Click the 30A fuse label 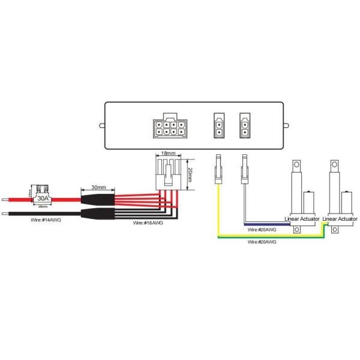click(43, 196)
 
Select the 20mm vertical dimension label click(190, 175)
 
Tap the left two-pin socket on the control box click(218, 126)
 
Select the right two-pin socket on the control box click(245, 126)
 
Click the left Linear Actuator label click(302, 220)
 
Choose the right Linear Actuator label click(340, 220)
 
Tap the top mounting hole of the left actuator click(297, 164)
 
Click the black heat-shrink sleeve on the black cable click(98, 213)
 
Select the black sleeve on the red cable click(98, 196)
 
